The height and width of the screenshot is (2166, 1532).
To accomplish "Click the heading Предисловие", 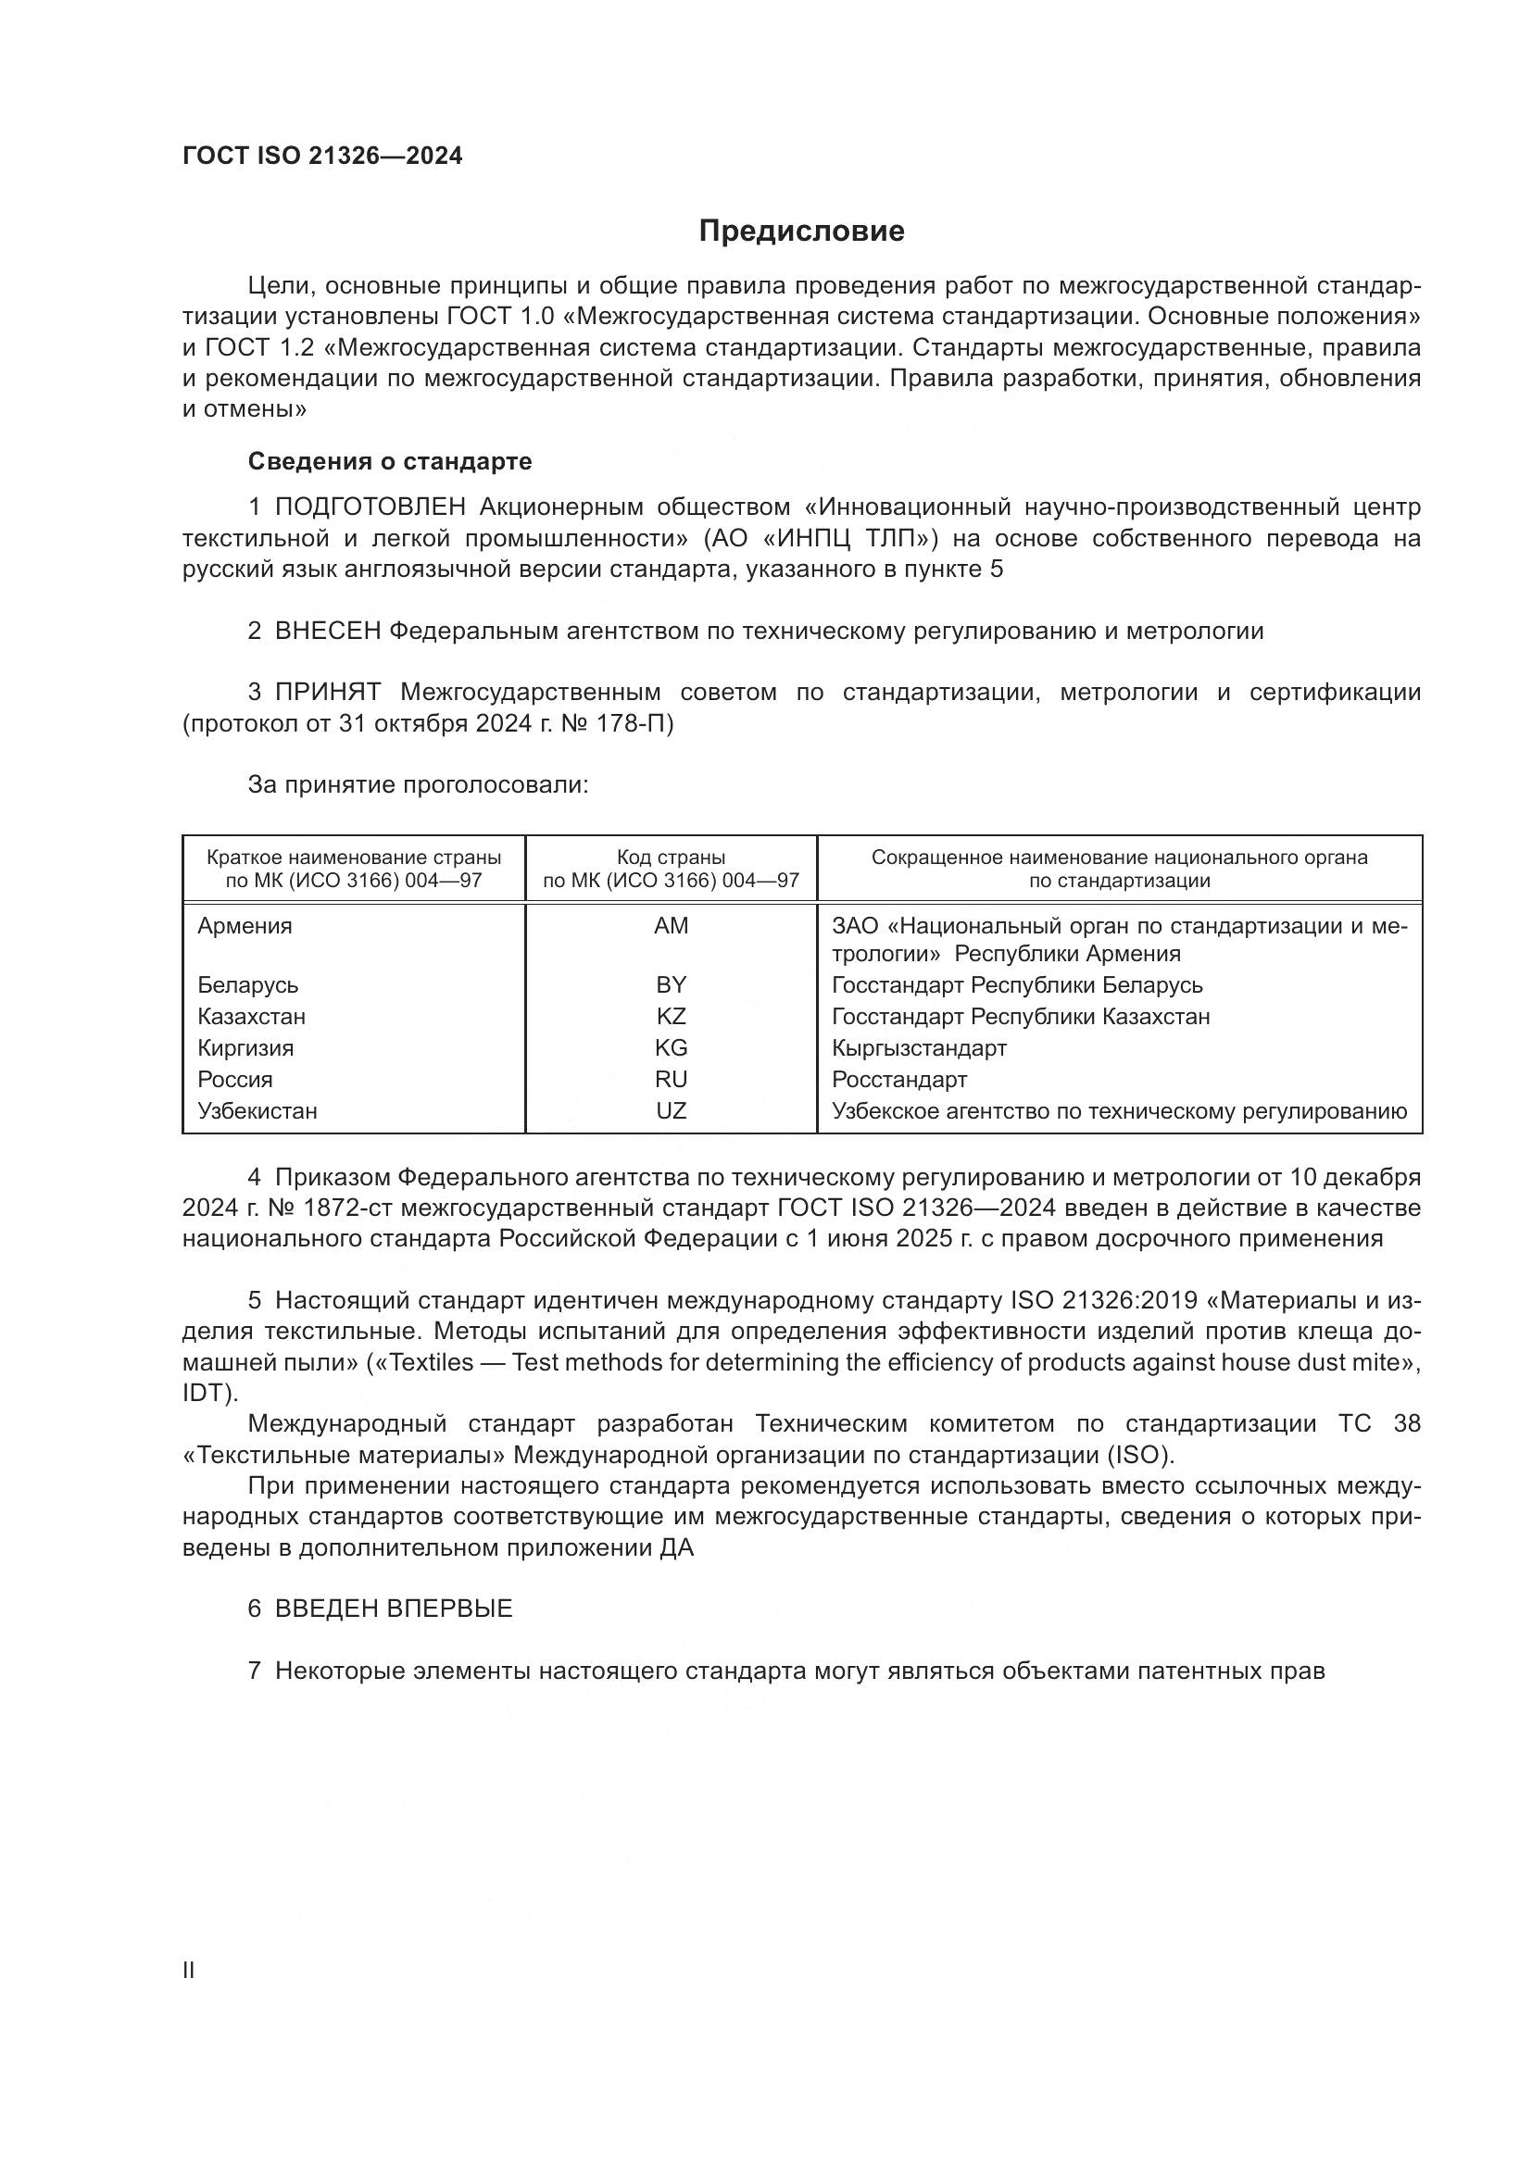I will click(801, 232).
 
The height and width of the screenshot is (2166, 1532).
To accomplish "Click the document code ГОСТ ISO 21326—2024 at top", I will click(322, 157).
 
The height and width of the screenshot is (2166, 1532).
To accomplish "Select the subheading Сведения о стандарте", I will click(390, 461).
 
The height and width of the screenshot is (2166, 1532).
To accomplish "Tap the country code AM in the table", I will click(671, 926).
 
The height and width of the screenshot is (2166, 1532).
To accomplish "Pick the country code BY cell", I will click(671, 985).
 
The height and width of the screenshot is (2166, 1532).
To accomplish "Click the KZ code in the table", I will click(671, 1017).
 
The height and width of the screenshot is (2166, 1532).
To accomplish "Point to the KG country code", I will click(671, 1048).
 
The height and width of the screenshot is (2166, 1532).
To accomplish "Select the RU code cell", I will click(671, 1079).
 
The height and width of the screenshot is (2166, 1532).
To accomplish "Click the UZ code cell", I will click(671, 1111).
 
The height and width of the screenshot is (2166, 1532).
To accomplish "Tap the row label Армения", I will click(245, 926).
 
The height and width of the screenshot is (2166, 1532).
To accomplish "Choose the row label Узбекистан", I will click(257, 1111).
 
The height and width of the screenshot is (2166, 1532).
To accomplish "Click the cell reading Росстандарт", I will click(899, 1079).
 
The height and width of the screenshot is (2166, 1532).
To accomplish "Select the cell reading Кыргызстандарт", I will click(919, 1048).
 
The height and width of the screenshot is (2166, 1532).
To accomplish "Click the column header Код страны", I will click(671, 858).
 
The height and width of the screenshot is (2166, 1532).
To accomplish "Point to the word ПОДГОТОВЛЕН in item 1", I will click(370, 507).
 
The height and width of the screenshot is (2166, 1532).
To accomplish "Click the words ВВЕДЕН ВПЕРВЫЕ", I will click(394, 1609).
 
